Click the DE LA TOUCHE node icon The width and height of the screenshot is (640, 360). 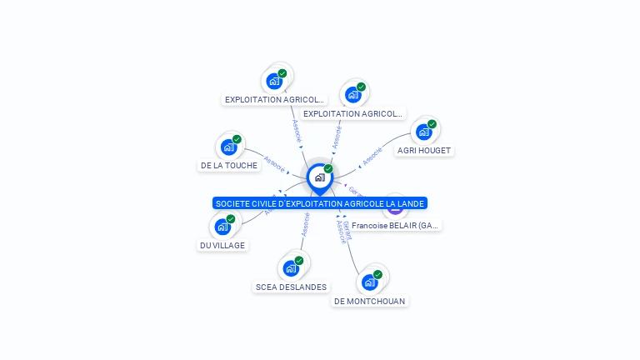click(x=228, y=147)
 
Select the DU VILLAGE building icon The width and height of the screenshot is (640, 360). click(x=222, y=227)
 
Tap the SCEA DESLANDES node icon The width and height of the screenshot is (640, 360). click(x=291, y=268)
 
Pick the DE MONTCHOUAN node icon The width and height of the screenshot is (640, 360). click(x=369, y=282)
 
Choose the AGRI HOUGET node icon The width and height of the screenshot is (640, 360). click(x=423, y=132)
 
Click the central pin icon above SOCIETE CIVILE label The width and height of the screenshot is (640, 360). click(x=319, y=177)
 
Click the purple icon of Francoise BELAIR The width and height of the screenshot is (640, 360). click(x=395, y=207)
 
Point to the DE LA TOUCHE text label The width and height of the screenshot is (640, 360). click(x=229, y=165)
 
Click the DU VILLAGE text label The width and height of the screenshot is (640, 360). click(x=222, y=245)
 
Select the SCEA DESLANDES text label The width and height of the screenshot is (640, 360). click(x=291, y=287)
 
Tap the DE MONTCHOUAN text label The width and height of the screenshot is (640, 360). click(x=370, y=300)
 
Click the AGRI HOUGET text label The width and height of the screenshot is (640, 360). click(x=424, y=150)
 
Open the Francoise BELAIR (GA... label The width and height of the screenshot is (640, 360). click(x=396, y=225)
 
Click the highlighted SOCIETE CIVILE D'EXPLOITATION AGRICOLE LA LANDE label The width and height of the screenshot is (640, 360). click(x=320, y=203)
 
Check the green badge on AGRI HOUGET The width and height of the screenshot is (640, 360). click(x=432, y=124)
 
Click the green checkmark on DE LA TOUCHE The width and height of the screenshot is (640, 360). click(x=237, y=139)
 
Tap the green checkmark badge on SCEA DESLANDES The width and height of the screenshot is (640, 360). click(x=299, y=260)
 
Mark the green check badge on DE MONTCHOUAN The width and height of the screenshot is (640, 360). click(x=377, y=274)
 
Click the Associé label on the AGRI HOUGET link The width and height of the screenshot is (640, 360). click(x=372, y=156)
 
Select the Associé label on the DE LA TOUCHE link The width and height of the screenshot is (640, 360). click(x=274, y=162)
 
